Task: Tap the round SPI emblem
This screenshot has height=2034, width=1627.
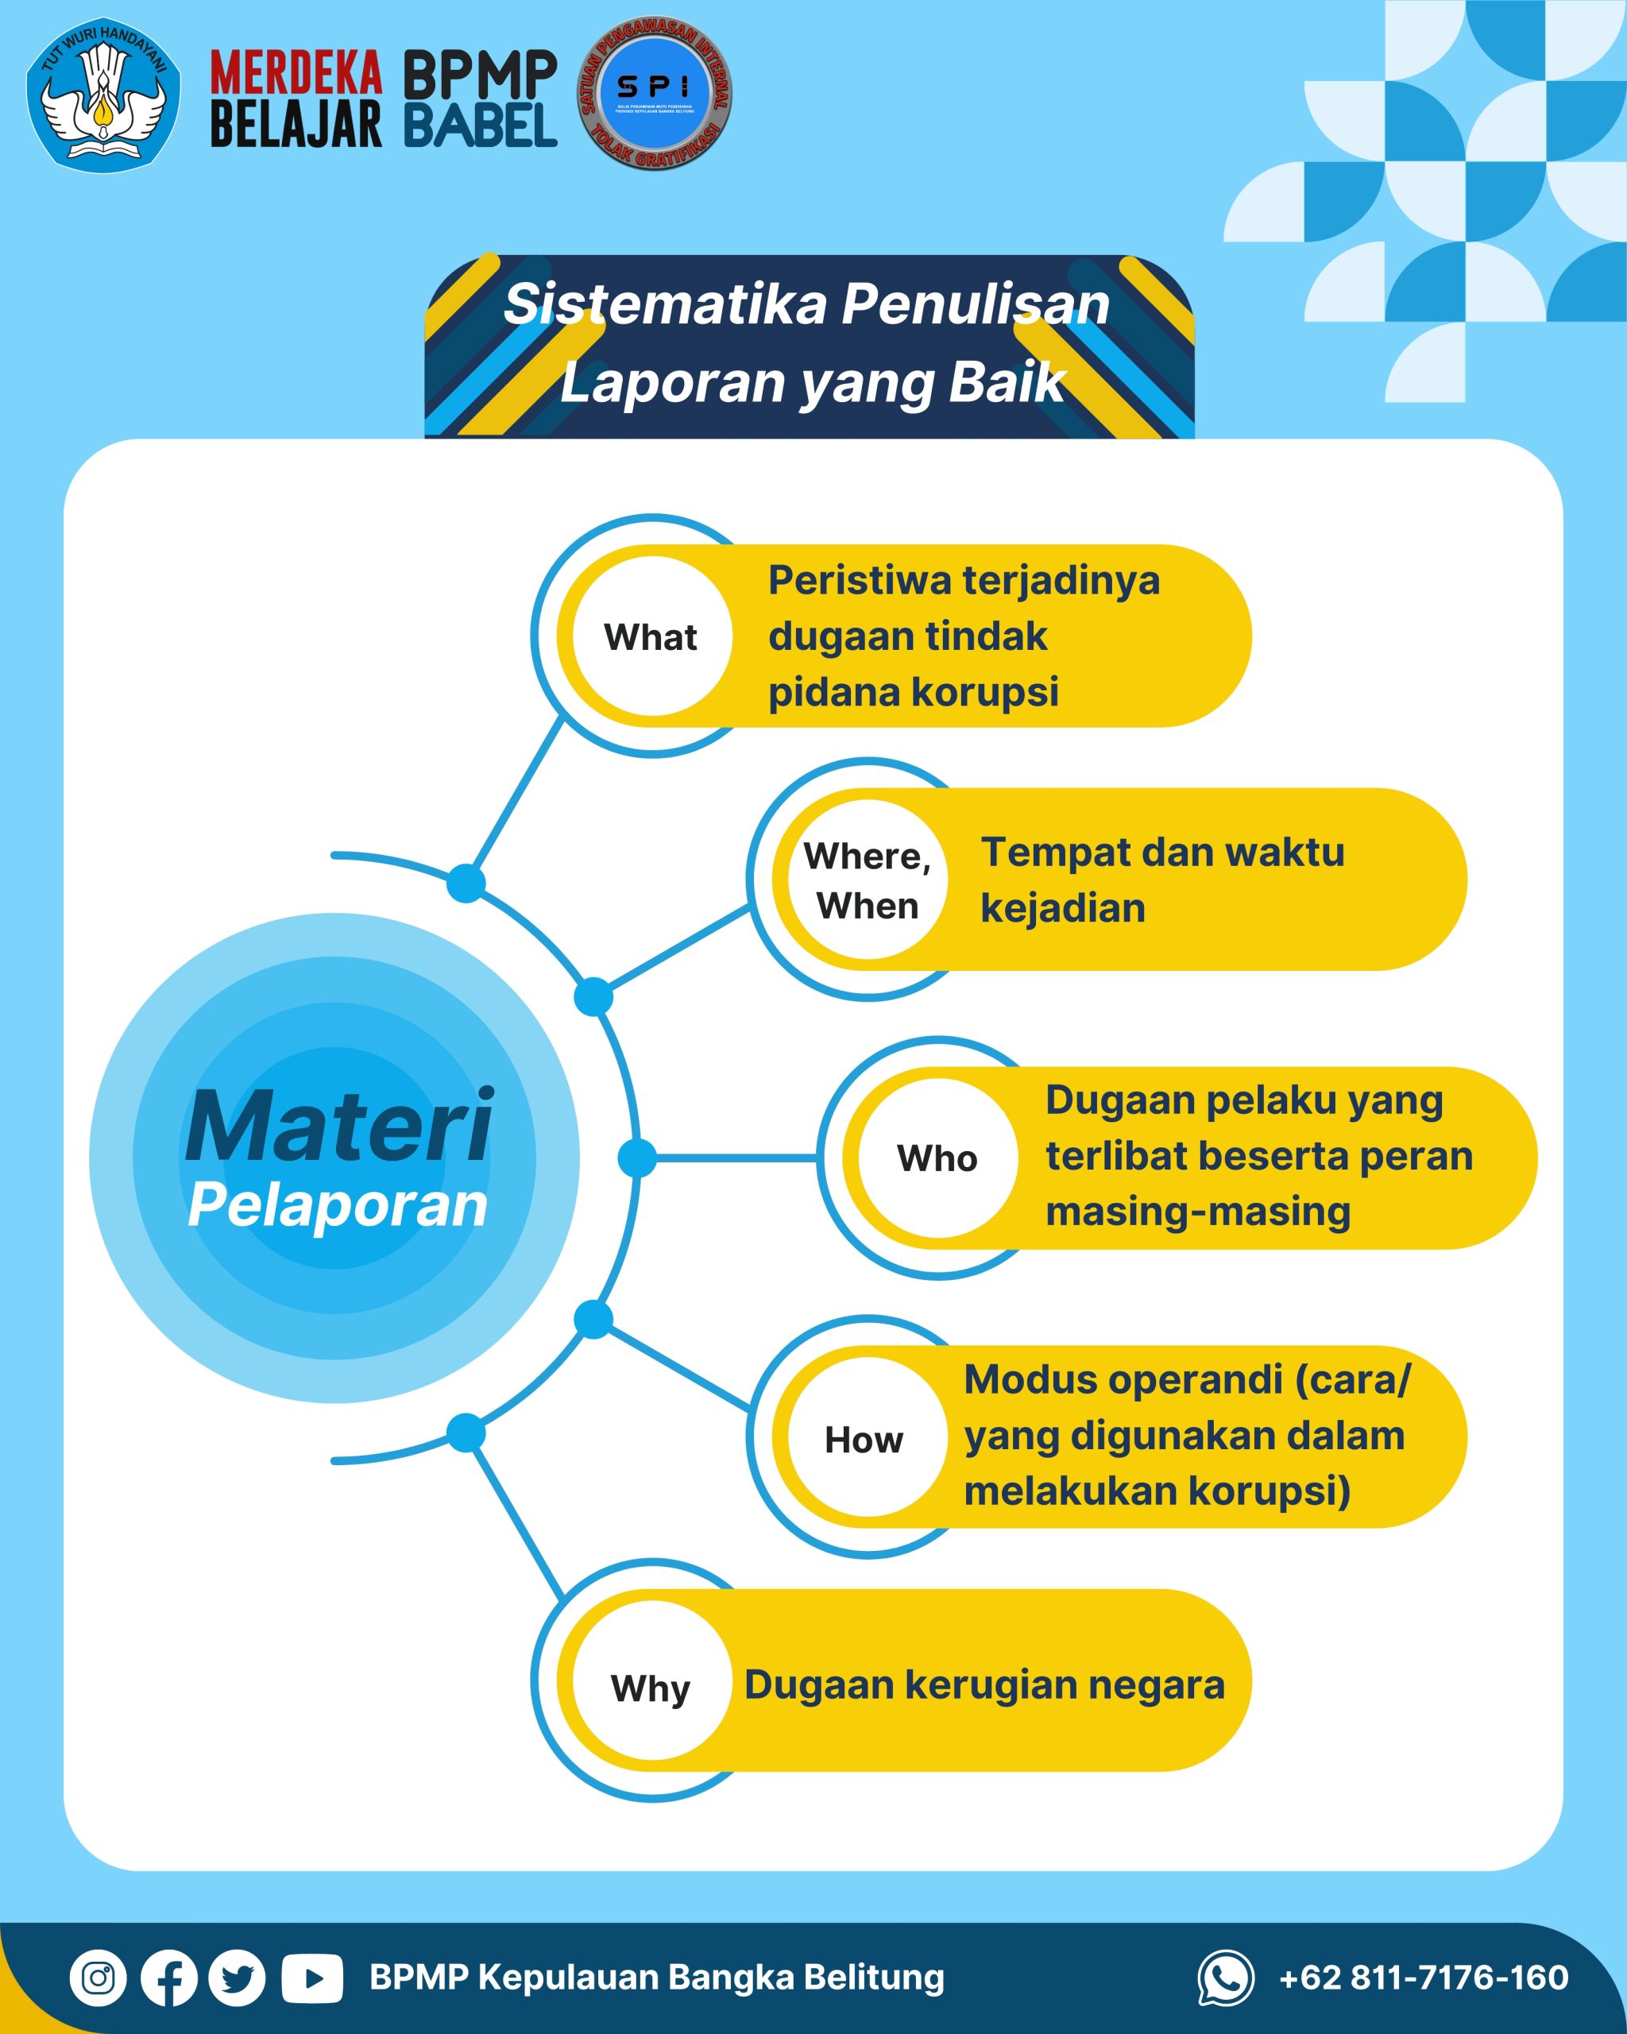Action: point(655,92)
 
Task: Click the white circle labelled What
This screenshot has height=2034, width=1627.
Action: point(651,636)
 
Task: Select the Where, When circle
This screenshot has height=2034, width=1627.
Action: point(867,880)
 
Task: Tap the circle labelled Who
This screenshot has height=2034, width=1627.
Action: point(937,1158)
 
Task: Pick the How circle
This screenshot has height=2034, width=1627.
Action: point(865,1439)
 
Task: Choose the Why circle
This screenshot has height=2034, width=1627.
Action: point(651,1687)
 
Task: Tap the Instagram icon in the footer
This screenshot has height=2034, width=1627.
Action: point(98,1978)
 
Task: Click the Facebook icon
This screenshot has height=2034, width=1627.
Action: point(169,1978)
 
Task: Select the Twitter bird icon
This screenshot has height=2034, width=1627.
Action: point(238,1978)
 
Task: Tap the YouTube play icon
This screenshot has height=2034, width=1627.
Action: point(311,1978)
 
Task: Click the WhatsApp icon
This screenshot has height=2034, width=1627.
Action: point(1225,1978)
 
